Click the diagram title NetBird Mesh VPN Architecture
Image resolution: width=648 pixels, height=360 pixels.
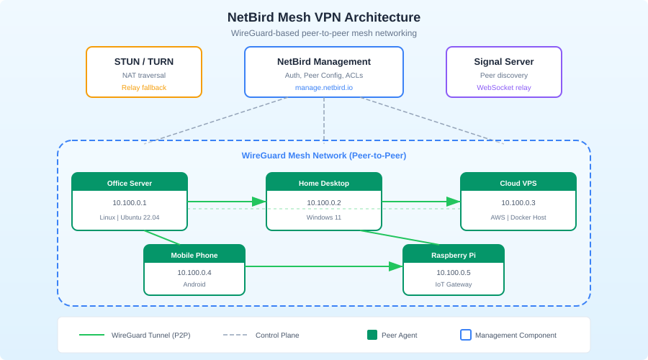[x=324, y=17]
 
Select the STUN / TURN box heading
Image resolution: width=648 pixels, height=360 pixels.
[x=144, y=61]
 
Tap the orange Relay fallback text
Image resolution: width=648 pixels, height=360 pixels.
[x=144, y=88]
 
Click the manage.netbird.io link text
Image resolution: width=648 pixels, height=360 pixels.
[x=324, y=88]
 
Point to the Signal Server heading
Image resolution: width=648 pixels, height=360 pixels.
[x=504, y=61]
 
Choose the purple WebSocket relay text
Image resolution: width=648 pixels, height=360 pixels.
[x=504, y=88]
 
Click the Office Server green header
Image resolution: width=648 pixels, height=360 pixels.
[x=130, y=183]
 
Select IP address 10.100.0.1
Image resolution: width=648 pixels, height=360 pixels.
[x=130, y=203]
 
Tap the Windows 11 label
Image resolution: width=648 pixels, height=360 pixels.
[x=324, y=217]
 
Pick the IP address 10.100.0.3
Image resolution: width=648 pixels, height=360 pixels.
[x=518, y=203]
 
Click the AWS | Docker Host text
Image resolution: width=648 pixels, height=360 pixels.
[x=518, y=217]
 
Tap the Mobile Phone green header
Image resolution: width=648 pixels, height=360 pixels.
[x=194, y=255]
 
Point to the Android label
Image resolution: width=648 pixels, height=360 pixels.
[x=194, y=284]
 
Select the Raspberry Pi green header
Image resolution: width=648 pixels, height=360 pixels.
[x=454, y=255]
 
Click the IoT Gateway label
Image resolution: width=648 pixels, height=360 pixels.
[x=454, y=284]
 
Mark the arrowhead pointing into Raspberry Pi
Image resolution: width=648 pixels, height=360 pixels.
[x=396, y=266]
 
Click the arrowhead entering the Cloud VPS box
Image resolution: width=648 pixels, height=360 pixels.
[x=454, y=202]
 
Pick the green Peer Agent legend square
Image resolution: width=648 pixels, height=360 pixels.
[x=372, y=335]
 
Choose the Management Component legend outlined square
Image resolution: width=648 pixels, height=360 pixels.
[x=466, y=335]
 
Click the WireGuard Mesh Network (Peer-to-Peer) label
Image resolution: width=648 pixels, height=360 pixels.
[x=324, y=156]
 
